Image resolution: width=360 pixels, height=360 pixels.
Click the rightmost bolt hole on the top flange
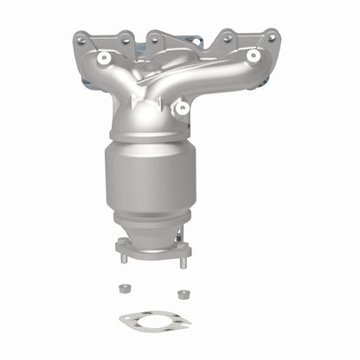272,38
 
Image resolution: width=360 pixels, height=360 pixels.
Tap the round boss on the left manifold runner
105,58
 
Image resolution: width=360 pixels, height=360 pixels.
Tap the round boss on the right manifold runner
253,56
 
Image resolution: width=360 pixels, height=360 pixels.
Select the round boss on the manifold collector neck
182,108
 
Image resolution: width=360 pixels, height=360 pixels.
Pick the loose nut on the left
126,290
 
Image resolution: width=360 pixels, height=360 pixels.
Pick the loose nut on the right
183,294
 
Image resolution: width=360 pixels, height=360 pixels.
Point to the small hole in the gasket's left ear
125,321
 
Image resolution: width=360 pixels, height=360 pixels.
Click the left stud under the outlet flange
125,257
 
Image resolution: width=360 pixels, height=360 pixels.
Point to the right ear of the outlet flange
183,250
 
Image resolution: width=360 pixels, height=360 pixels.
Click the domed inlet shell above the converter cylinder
151,130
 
